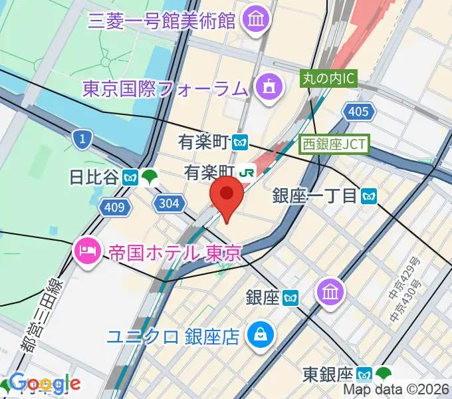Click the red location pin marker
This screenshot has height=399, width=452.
[x=227, y=197]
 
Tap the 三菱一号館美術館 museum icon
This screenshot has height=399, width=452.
[x=255, y=21]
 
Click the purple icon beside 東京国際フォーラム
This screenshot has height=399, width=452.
[x=269, y=87]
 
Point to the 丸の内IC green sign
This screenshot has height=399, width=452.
[x=330, y=78]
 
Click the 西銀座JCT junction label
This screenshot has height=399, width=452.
[x=334, y=142]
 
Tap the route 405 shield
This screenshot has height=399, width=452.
[x=358, y=112]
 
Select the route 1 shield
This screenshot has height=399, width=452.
[x=81, y=138]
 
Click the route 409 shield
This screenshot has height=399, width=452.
[x=114, y=208]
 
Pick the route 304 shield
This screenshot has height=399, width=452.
[x=169, y=203]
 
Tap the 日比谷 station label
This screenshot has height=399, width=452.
[x=94, y=177]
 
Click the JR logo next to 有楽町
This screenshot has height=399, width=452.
[x=248, y=172]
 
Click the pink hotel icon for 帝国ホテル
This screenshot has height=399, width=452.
[x=88, y=251]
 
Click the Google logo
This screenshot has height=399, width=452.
[x=45, y=382]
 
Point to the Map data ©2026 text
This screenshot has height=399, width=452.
[x=395, y=390]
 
